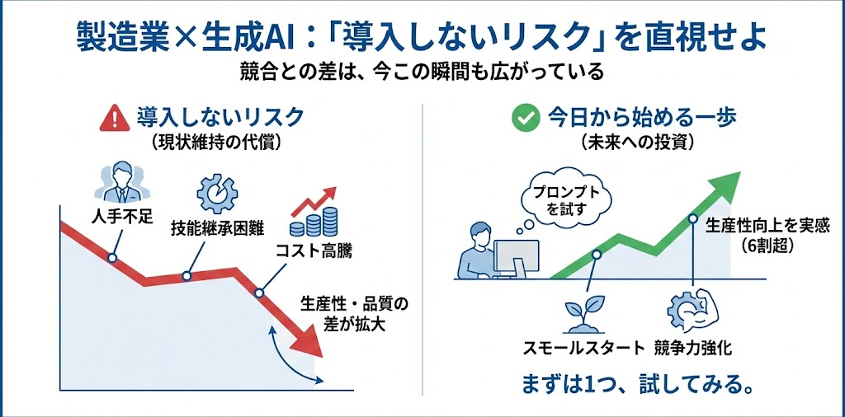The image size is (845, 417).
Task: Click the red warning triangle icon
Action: [x=115, y=119]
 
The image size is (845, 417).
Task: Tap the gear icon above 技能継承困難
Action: [x=217, y=193]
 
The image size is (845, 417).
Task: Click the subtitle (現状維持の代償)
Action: [x=215, y=143]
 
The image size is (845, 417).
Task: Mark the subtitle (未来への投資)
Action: [x=637, y=143]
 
